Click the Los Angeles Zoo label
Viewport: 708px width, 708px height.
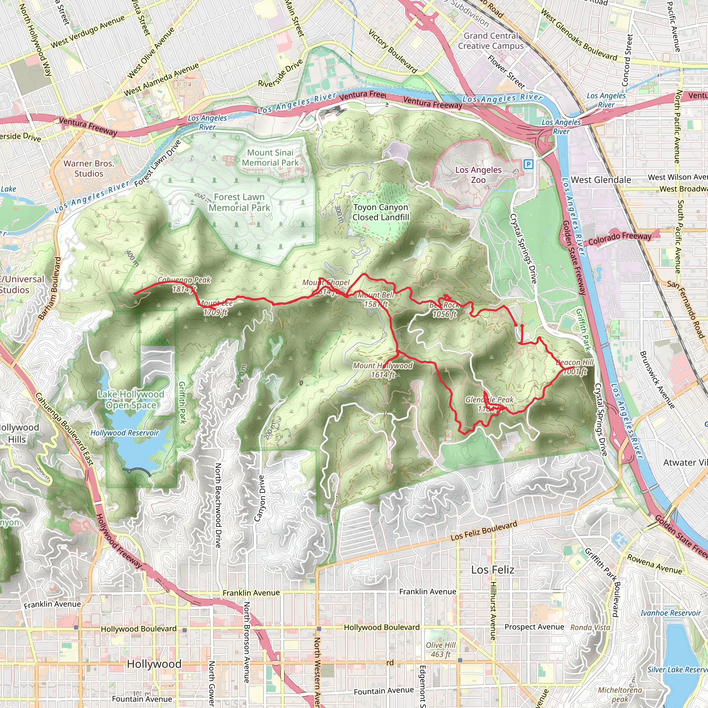point(478,175)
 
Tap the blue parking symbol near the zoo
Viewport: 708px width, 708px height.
point(528,164)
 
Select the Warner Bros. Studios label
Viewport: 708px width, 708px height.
point(89,169)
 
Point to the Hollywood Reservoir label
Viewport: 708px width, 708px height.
point(124,433)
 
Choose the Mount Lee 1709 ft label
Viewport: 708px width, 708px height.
point(215,308)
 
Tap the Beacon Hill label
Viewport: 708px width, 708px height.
point(575,366)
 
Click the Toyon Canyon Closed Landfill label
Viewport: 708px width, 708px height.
point(381,212)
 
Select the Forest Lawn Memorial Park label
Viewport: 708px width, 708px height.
point(239,202)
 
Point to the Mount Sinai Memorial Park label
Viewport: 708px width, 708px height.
point(270,158)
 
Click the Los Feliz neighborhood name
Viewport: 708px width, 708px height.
point(493,570)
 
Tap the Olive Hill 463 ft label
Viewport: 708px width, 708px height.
point(440,649)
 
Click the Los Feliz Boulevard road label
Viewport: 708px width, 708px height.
point(484,530)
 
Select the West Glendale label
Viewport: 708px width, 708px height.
point(601,180)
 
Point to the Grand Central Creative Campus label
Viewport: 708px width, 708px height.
point(491,41)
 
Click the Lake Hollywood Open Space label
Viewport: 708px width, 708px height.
point(131,399)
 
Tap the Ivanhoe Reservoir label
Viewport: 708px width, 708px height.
point(671,613)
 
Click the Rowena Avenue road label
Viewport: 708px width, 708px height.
point(655,564)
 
